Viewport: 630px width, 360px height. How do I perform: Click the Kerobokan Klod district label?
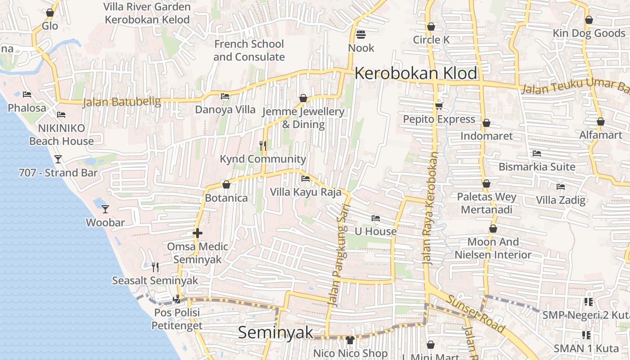click(x=415, y=73)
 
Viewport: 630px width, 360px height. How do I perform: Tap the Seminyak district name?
click(x=275, y=333)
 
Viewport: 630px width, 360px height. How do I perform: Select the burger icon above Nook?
click(x=361, y=34)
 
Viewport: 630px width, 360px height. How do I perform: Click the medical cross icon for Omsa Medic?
click(x=197, y=233)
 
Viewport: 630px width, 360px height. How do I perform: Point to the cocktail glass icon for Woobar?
click(x=105, y=209)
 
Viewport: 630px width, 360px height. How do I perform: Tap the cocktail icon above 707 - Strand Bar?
click(x=58, y=159)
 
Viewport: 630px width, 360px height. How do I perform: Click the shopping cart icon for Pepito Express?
click(x=439, y=106)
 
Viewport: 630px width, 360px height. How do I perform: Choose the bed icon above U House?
click(x=376, y=218)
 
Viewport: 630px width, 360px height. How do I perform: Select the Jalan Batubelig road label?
click(x=121, y=102)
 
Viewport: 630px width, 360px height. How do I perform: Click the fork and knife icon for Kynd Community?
click(x=263, y=145)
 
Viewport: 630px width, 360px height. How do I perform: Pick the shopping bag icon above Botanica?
click(x=226, y=184)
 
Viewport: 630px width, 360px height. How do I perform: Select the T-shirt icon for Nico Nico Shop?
click(x=350, y=340)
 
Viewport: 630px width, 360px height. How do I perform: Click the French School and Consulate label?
click(x=249, y=50)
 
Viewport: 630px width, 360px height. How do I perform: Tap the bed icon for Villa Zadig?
click(x=560, y=186)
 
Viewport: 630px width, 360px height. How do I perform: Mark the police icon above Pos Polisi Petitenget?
click(x=176, y=298)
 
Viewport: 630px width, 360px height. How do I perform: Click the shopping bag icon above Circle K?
click(x=431, y=27)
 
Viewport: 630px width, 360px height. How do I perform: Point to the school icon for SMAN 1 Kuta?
click(x=586, y=335)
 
